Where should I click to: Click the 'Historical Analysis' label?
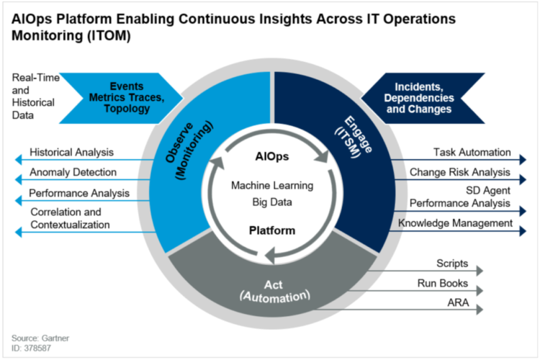tap(71, 153)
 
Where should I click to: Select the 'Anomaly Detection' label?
tap(73, 173)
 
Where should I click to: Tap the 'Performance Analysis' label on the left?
tap(79, 193)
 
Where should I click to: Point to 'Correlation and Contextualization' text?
tap(70, 218)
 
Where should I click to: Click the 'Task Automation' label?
tap(472, 153)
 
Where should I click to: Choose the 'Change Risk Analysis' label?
tap(460, 173)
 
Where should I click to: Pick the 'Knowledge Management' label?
tap(455, 224)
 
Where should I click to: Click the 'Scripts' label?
tap(452, 264)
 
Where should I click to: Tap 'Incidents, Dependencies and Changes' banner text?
tap(419, 96)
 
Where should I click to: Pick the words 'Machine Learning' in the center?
tap(271, 186)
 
